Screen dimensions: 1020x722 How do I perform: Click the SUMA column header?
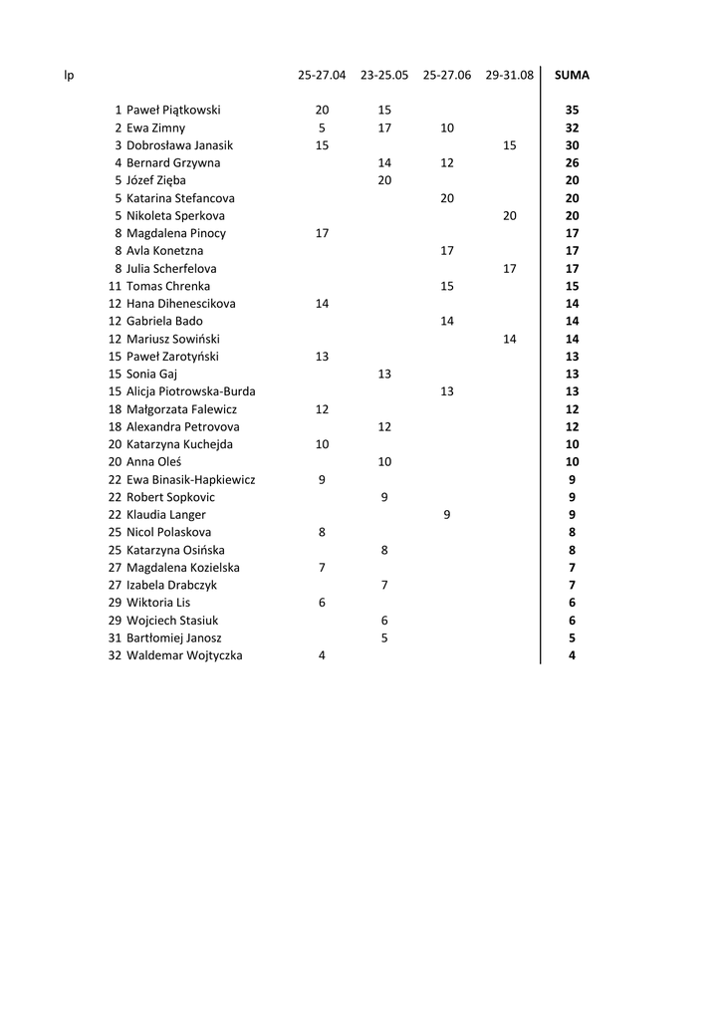(572, 75)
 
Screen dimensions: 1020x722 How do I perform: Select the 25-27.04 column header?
(322, 75)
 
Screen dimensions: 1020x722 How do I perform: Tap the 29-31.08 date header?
(509, 75)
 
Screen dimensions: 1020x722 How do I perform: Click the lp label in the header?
(69, 75)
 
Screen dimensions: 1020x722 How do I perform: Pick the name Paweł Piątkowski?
(173, 111)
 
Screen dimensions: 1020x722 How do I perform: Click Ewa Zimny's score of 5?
(322, 128)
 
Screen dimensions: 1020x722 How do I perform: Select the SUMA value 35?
(572, 111)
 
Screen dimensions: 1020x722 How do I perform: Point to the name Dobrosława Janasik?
(179, 145)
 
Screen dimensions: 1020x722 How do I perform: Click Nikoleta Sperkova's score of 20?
(509, 216)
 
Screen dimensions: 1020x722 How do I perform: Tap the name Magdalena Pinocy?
(175, 234)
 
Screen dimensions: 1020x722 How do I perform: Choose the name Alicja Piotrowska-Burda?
(190, 391)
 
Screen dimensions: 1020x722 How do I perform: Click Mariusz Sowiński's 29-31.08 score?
(509, 339)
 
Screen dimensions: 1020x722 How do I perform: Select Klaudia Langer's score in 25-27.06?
(446, 515)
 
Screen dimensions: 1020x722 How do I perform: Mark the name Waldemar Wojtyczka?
(184, 655)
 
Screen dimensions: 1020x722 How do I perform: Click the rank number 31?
(115, 637)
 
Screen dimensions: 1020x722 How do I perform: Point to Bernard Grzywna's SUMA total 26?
(572, 163)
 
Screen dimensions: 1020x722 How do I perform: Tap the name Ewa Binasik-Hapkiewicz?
(190, 480)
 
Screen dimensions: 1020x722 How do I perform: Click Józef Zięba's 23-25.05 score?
(384, 181)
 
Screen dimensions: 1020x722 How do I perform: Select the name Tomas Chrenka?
(168, 287)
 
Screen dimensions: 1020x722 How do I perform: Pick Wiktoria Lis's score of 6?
(322, 603)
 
